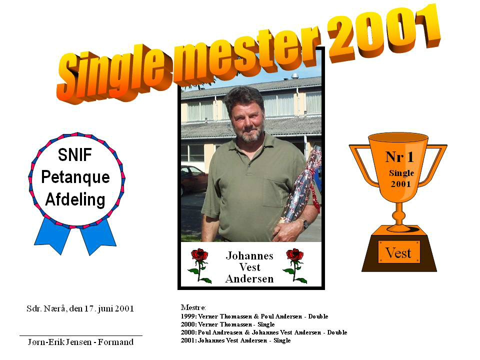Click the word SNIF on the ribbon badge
(x=75, y=154)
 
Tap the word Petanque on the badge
(x=75, y=177)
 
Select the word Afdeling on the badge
(x=75, y=199)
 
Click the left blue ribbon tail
(x=52, y=235)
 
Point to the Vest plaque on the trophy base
(x=399, y=252)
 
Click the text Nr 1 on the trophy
(x=399, y=157)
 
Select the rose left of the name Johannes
(x=200, y=265)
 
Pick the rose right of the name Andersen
(x=295, y=265)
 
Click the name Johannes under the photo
(x=249, y=255)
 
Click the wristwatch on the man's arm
(x=305, y=224)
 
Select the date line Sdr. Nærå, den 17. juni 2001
(x=80, y=308)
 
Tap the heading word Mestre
(x=193, y=307)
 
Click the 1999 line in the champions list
(x=254, y=316)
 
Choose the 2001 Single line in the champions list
(x=235, y=340)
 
